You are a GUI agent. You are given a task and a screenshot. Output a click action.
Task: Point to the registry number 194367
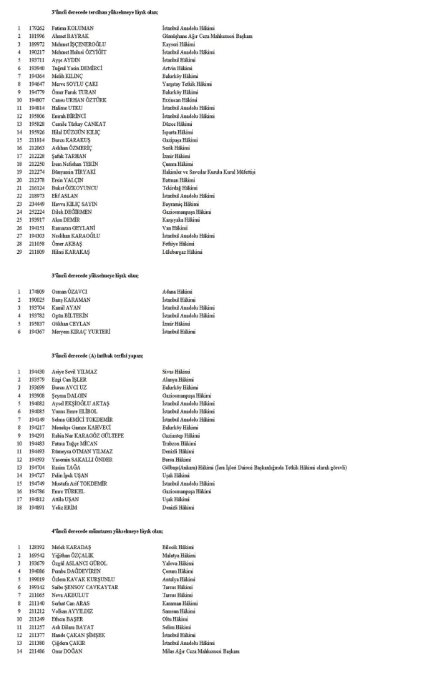coord(38,332)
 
